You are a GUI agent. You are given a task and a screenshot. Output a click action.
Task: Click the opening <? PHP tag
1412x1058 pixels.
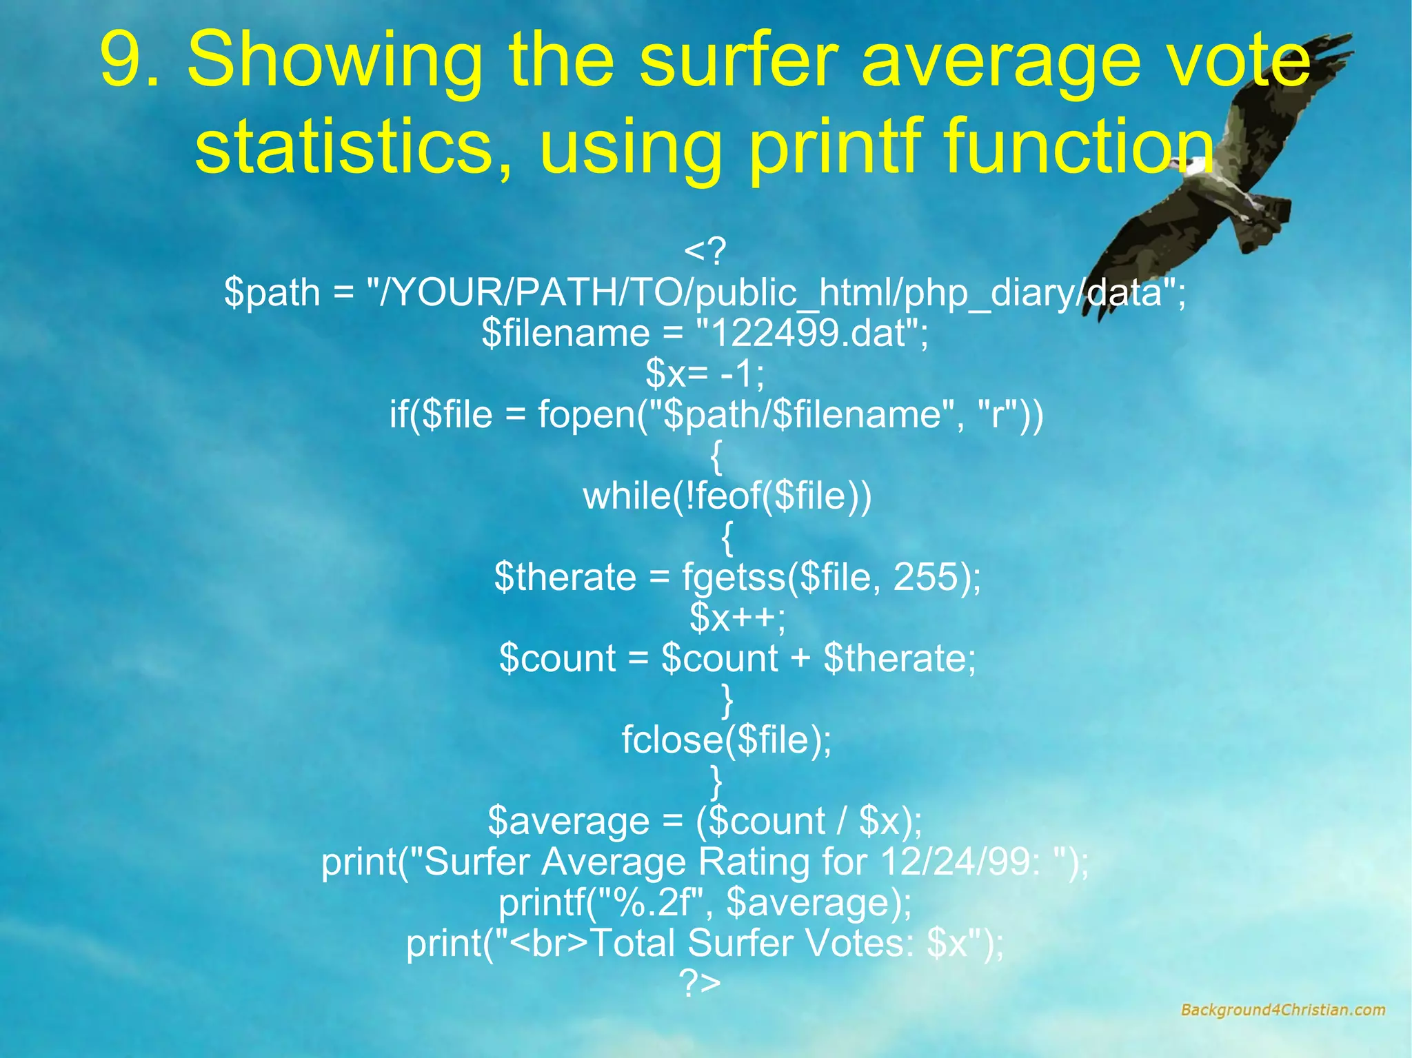(x=705, y=252)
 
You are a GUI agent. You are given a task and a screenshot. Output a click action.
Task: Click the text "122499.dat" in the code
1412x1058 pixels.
(x=811, y=334)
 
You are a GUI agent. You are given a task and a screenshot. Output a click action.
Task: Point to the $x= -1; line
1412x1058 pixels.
(x=705, y=374)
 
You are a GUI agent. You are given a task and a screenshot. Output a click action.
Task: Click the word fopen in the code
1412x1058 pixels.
(x=586, y=415)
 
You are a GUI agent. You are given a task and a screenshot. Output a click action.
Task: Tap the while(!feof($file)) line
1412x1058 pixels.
(x=727, y=496)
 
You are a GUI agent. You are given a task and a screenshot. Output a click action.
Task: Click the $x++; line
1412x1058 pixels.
(x=737, y=618)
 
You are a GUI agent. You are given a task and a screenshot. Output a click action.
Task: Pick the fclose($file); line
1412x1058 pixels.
(x=727, y=740)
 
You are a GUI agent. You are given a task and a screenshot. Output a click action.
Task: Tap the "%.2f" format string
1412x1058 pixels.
(x=648, y=902)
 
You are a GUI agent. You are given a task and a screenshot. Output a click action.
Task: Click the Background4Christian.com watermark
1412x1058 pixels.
(x=1282, y=1010)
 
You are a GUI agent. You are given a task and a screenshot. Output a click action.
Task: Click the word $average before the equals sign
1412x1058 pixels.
(x=568, y=821)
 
